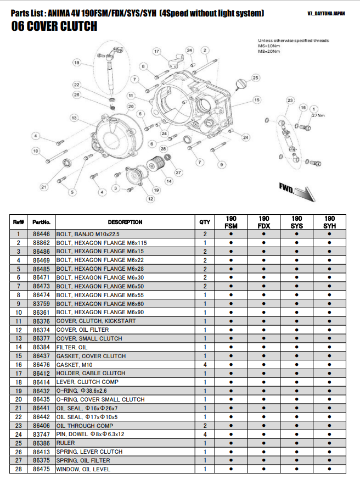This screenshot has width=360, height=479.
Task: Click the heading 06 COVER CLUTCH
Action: [x=54, y=26]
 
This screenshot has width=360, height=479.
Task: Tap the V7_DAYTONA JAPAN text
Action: [x=327, y=14]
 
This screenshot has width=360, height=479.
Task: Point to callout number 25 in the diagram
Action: [x=256, y=79]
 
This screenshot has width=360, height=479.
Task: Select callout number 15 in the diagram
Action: [x=256, y=99]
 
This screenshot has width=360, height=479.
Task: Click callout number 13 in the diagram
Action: [x=74, y=118]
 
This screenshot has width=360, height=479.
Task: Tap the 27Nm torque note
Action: [x=318, y=116]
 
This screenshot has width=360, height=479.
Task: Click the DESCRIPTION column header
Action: [x=125, y=222]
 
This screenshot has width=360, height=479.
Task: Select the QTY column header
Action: [x=204, y=222]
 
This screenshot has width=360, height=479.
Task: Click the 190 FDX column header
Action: [x=263, y=222]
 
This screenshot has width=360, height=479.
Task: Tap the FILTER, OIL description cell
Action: [x=72, y=347]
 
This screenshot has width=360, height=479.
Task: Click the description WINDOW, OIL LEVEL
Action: [x=83, y=469]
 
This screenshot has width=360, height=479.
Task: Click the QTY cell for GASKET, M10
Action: [x=205, y=365]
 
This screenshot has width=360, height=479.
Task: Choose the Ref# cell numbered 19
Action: [x=18, y=391]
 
